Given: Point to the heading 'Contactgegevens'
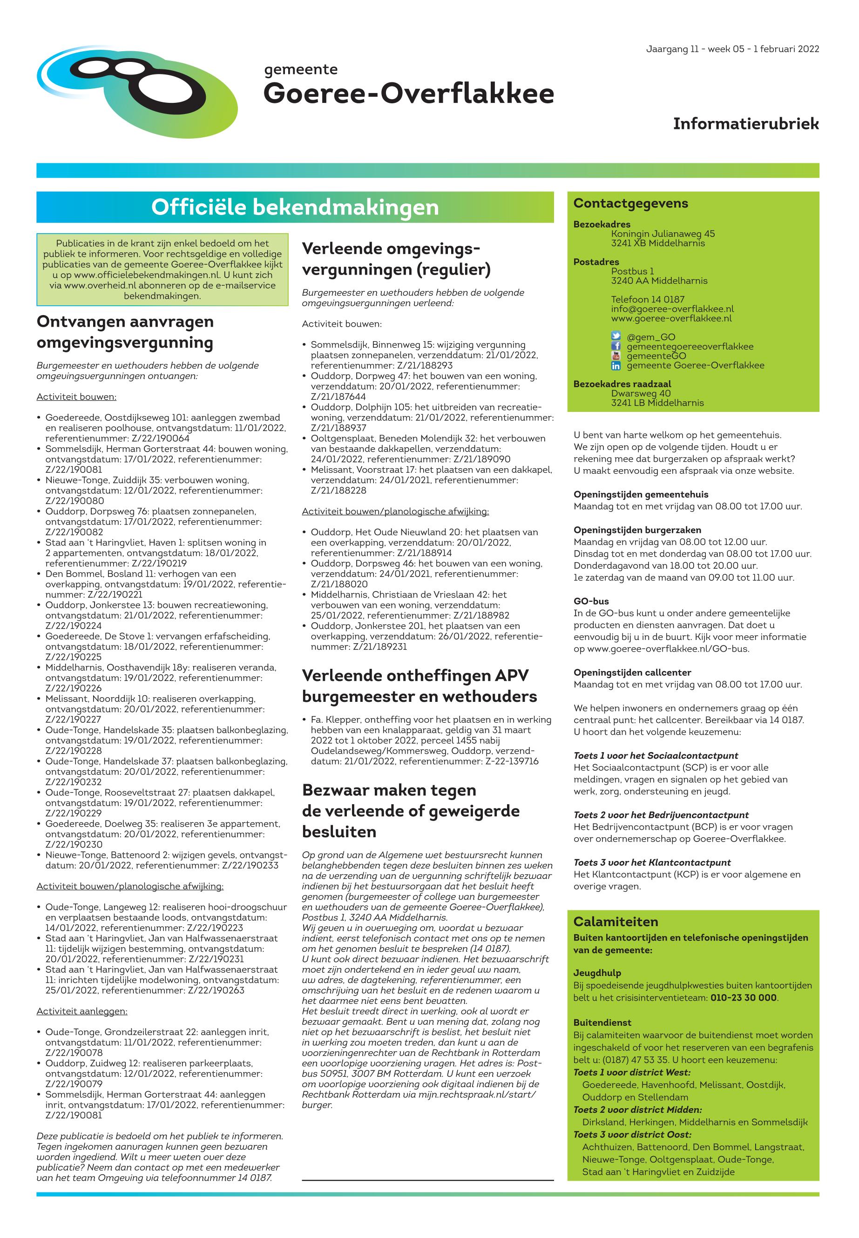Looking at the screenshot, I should tap(630, 203).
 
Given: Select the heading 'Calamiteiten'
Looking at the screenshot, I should tap(615, 922).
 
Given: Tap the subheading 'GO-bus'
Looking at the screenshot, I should tap(591, 601).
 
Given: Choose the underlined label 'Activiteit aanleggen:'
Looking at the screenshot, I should tap(82, 1011).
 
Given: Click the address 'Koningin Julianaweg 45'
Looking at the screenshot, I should tap(663, 234).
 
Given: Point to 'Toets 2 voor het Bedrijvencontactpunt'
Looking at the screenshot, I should tap(661, 814).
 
